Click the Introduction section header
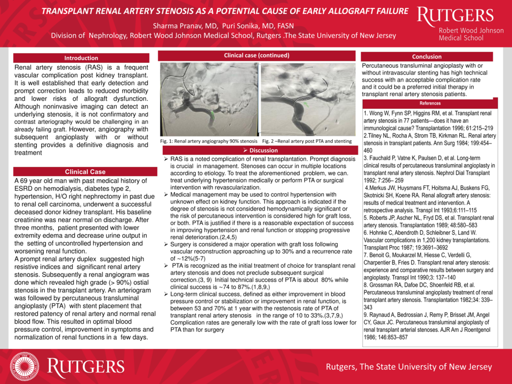pos(81,58)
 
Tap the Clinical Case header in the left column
pos(85,172)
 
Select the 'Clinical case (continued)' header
pos(257,55)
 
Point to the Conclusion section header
pos(427,57)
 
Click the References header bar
pos(430,103)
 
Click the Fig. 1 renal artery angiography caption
pos(210,141)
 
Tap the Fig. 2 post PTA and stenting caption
pos(307,141)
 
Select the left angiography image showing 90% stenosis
pos(210,99)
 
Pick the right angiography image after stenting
pos(307,99)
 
